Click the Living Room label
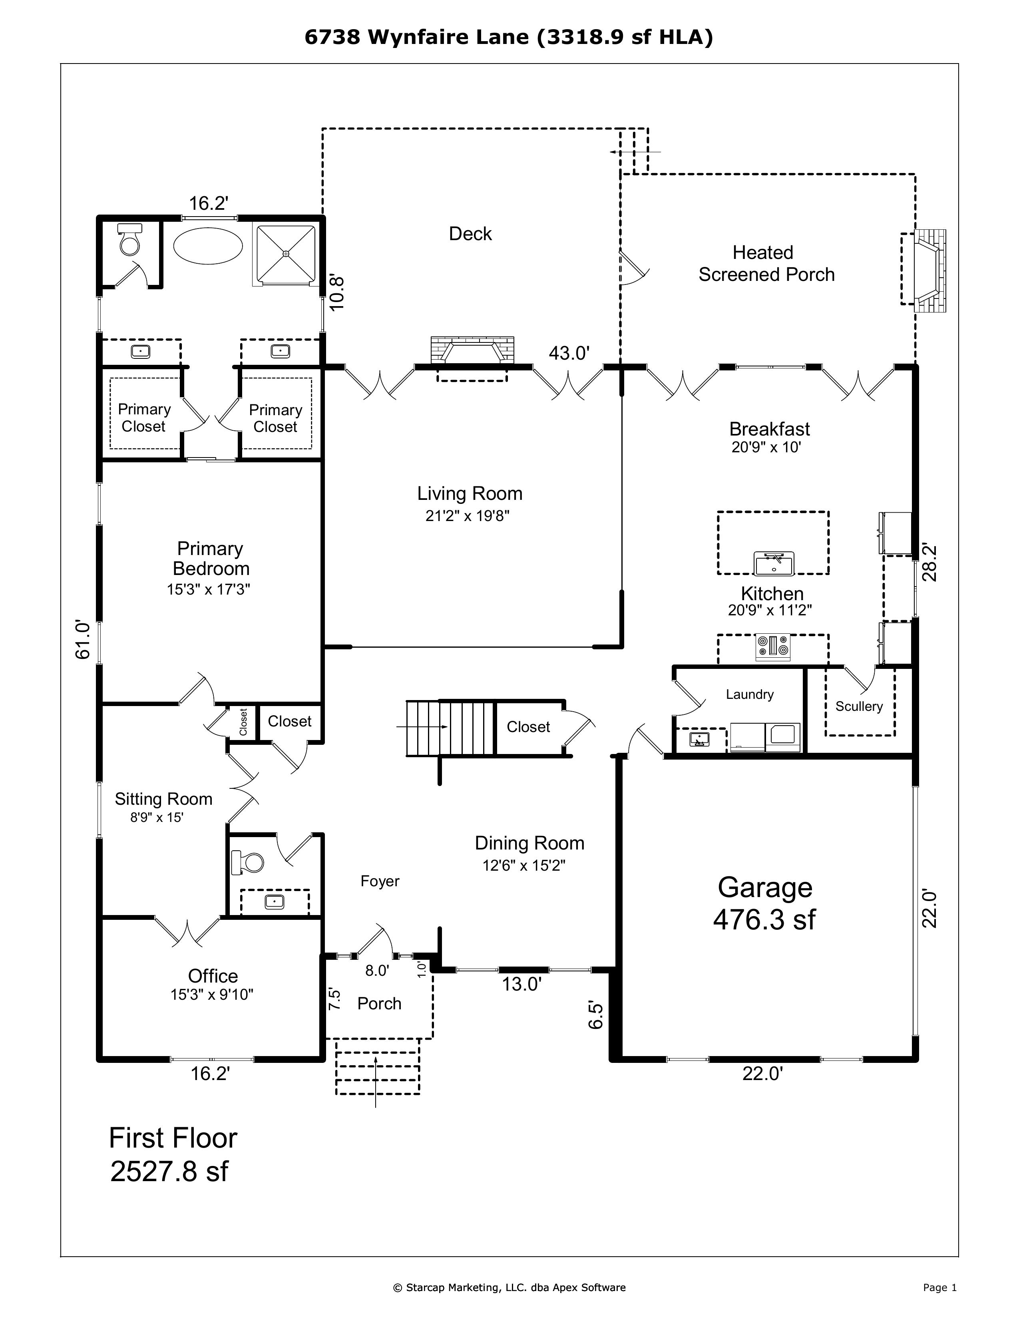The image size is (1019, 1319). [x=469, y=493]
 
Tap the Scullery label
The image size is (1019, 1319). [x=858, y=706]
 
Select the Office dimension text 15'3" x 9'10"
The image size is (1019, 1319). [x=211, y=994]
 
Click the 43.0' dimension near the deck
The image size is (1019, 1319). [x=568, y=353]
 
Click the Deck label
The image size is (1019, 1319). [x=470, y=234]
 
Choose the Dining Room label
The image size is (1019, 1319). [x=529, y=843]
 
